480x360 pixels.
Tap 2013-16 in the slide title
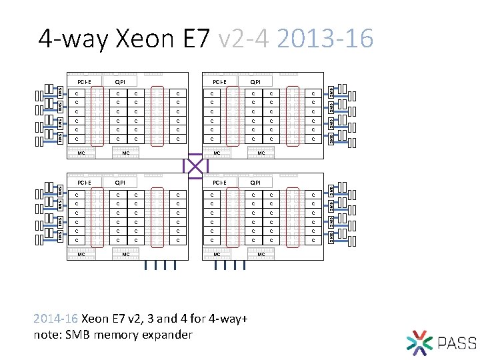point(325,39)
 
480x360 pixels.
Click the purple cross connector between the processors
point(196,164)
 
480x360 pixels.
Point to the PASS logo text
point(457,343)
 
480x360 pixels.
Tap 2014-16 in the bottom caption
point(55,319)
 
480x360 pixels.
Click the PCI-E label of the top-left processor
point(85,82)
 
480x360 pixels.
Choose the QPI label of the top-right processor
point(255,82)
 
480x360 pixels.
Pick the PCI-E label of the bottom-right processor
point(219,182)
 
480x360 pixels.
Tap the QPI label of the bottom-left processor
point(120,182)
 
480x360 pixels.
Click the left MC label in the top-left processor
point(81,153)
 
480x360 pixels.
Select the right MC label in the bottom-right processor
point(261,254)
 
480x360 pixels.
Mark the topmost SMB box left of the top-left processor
point(59,91)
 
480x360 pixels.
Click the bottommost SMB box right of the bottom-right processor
point(331,237)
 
